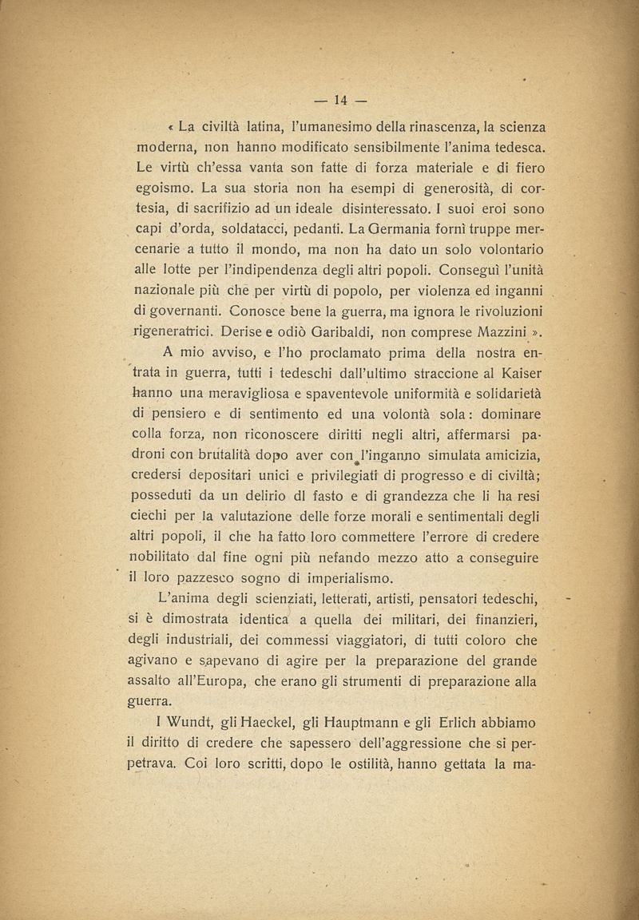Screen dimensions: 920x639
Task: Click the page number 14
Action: click(x=339, y=100)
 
